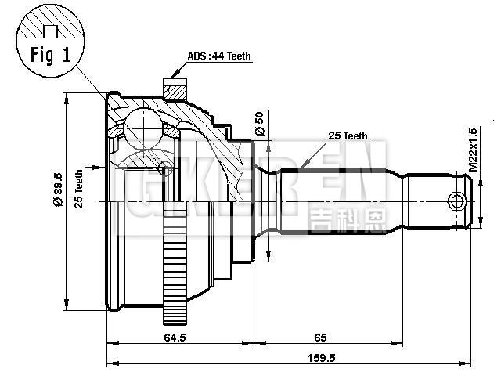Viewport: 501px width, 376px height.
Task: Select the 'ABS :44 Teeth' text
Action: [220, 57]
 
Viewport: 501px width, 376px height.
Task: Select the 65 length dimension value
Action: [320, 338]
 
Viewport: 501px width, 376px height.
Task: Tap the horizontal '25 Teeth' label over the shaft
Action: [348, 136]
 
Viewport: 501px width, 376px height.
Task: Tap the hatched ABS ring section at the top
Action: [174, 89]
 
